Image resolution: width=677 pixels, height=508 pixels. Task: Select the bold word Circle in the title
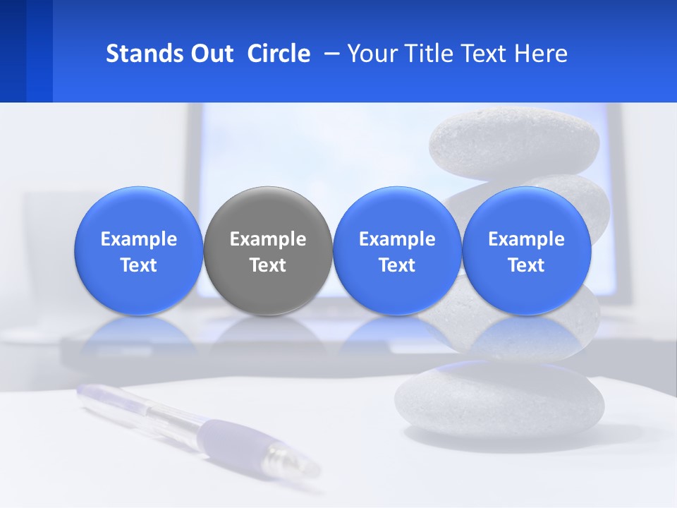pos(279,54)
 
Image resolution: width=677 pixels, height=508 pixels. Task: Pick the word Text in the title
pos(485,54)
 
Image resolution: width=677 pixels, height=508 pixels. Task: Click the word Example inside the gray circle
pos(268,239)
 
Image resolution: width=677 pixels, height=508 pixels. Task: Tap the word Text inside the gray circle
pos(268,265)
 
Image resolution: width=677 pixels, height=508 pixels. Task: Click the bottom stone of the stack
pos(499,398)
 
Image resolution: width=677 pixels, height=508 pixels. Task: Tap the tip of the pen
pos(310,467)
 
